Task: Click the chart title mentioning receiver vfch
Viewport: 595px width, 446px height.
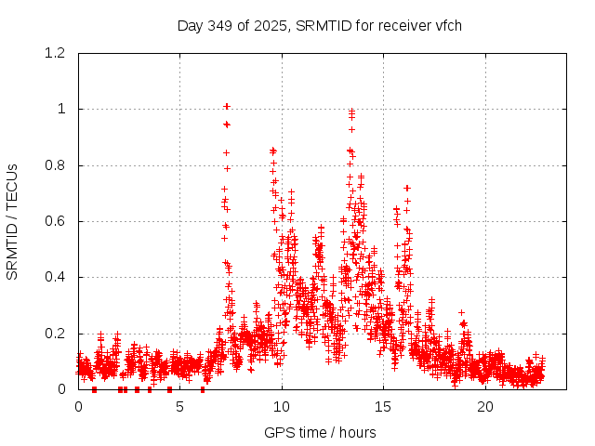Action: [x=320, y=25]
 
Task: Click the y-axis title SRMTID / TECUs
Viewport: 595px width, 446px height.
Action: [x=12, y=221]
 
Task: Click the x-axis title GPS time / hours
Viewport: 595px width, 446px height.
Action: [x=320, y=432]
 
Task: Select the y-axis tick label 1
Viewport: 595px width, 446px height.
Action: [x=62, y=109]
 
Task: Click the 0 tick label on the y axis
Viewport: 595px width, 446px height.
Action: [x=62, y=389]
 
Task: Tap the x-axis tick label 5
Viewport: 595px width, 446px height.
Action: [x=180, y=407]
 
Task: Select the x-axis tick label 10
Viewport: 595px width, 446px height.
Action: [x=282, y=407]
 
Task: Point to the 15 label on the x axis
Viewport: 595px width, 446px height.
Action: [x=384, y=407]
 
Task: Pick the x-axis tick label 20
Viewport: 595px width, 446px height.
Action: [x=485, y=407]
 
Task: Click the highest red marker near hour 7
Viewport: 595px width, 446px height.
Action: [x=226, y=106]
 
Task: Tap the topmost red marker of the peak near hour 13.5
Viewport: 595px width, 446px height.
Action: [x=351, y=111]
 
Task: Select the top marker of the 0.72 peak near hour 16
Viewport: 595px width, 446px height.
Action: [x=406, y=188]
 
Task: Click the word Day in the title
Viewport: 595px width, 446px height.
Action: [x=190, y=25]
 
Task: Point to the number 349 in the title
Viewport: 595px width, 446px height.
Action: [x=221, y=25]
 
